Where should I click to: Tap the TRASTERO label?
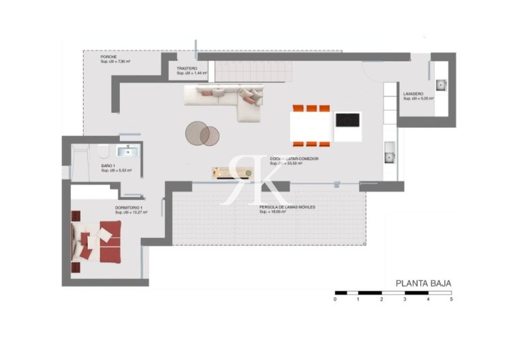tap(187, 69)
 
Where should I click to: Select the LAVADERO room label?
tap(413, 94)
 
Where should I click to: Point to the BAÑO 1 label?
tap(108, 166)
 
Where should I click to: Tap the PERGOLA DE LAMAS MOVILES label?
tap(287, 207)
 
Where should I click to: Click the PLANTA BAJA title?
tap(423, 283)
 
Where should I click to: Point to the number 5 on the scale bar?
tap(451, 299)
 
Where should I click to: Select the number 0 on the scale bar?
tap(335, 299)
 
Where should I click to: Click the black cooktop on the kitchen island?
tap(347, 121)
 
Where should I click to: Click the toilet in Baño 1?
tap(103, 151)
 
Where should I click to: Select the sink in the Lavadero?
tap(441, 85)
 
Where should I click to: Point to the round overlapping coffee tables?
tap(203, 133)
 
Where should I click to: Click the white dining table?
tap(313, 125)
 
